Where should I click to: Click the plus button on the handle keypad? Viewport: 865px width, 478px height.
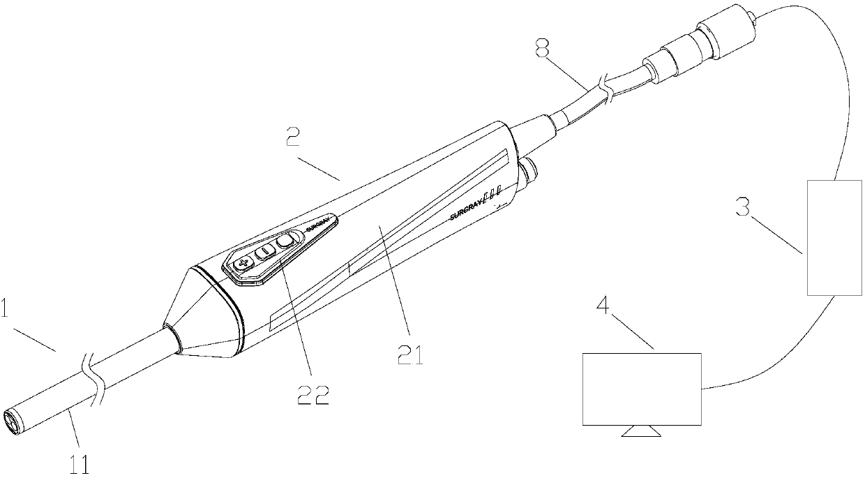point(243,264)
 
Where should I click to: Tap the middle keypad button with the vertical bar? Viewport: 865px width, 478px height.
point(265,252)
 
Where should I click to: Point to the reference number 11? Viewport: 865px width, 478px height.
point(81,463)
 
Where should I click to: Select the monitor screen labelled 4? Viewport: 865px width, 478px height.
point(642,389)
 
